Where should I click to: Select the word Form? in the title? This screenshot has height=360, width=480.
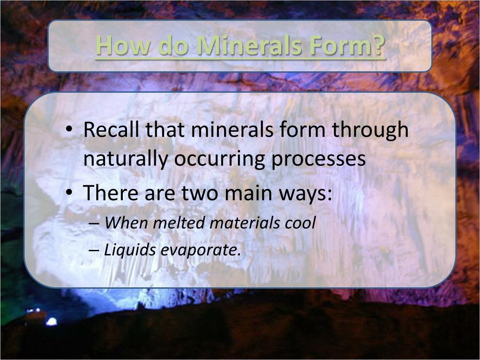tap(351, 46)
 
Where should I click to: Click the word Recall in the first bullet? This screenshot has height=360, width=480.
tap(111, 130)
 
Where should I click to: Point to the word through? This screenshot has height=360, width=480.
tap(370, 130)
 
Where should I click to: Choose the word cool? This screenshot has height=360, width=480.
tap(300, 223)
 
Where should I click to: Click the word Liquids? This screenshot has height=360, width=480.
tap(130, 250)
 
